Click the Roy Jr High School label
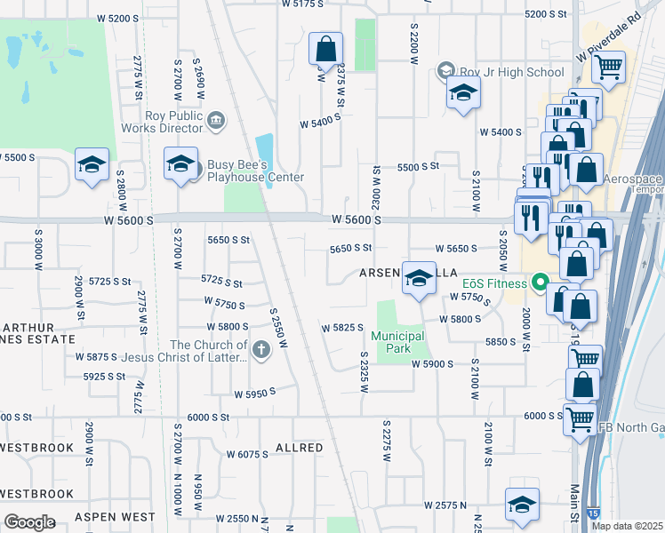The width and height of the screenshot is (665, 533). click(x=510, y=72)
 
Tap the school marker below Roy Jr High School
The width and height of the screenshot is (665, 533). click(x=463, y=93)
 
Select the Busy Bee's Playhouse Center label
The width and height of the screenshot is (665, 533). click(x=255, y=171)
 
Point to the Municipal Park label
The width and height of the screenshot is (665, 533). click(x=397, y=342)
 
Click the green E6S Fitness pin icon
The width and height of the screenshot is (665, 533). click(x=539, y=284)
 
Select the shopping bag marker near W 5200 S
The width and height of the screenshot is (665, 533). click(x=325, y=48)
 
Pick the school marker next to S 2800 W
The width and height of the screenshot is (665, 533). click(x=92, y=167)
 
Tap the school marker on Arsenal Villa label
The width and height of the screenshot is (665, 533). click(x=419, y=278)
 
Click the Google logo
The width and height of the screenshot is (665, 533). click(x=29, y=521)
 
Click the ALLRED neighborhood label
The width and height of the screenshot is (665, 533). click(x=300, y=448)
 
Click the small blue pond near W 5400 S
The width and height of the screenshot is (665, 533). click(x=264, y=149)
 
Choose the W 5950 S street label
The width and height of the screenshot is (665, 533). click(x=255, y=392)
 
